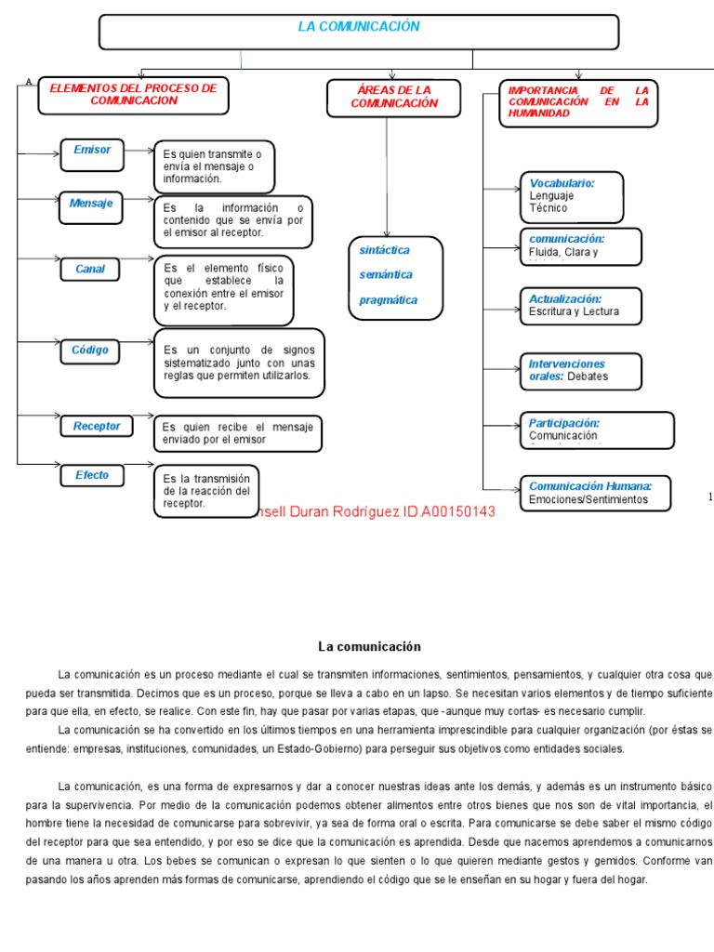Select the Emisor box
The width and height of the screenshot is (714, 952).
click(x=91, y=153)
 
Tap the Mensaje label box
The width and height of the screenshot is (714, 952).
click(x=91, y=207)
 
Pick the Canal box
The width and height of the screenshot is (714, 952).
click(x=90, y=270)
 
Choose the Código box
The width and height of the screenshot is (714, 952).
click(x=90, y=350)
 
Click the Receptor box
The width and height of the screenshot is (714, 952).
click(x=97, y=426)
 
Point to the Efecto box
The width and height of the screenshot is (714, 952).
click(x=92, y=475)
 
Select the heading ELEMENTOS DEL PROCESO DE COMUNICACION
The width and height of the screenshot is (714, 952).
click(x=132, y=95)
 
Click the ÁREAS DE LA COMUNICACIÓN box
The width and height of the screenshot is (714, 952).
click(x=393, y=97)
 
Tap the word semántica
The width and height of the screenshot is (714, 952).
click(x=386, y=275)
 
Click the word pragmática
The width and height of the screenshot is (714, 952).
click(x=389, y=300)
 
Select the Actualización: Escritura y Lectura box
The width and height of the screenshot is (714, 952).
click(x=580, y=306)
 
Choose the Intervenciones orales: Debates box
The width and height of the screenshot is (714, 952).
click(x=580, y=370)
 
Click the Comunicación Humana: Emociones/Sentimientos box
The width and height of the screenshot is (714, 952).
click(x=599, y=493)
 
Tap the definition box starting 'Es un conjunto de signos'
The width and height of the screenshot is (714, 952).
click(x=239, y=363)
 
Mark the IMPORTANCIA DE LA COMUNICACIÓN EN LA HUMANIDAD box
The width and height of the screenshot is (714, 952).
click(x=577, y=102)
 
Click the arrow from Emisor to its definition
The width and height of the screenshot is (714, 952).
click(x=139, y=149)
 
